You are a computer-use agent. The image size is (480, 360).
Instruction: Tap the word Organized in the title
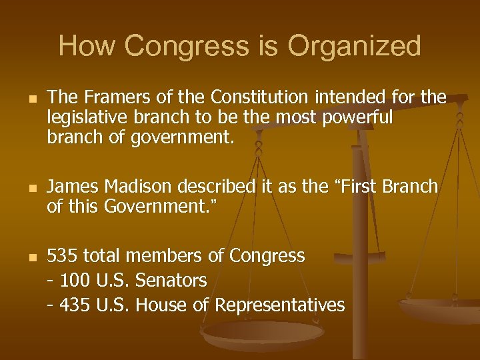[x=354, y=47]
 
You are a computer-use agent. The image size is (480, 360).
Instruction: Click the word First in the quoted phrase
[x=358, y=187]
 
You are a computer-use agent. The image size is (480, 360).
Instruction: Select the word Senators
[x=171, y=281]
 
